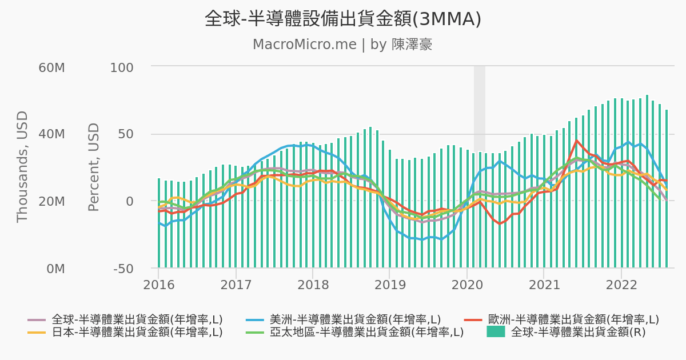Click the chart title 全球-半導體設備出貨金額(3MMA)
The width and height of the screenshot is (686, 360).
tap(343, 19)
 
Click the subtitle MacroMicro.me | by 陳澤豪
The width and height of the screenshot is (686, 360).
tap(343, 45)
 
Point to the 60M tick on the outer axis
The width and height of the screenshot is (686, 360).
tap(51, 67)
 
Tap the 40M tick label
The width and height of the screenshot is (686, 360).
tap(51, 134)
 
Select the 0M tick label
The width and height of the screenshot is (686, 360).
tap(55, 269)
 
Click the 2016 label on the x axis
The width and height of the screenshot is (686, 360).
tap(159, 284)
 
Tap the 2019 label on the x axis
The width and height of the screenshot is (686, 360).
tap(389, 284)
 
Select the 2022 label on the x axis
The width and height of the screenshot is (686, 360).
tap(621, 284)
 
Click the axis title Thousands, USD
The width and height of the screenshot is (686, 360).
tap(22, 167)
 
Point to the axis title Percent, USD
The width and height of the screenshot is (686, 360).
tap(94, 167)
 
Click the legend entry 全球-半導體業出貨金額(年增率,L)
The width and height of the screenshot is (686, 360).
tap(137, 319)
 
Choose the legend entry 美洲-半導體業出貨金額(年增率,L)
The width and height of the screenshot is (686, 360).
tap(355, 319)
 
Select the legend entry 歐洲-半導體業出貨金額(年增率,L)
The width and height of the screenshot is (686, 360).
tap(573, 319)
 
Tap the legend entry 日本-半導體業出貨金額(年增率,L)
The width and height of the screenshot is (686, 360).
tap(137, 332)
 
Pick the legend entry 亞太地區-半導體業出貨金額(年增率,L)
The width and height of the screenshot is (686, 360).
tap(366, 332)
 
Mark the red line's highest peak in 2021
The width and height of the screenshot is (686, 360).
tap(577, 141)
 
